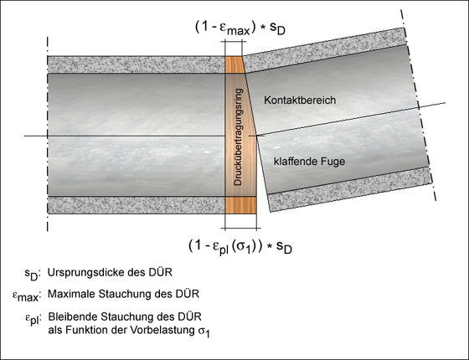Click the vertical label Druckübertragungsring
pyautogui.click(x=238, y=137)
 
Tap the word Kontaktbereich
pyautogui.click(x=300, y=100)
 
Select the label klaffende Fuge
pyautogui.click(x=309, y=162)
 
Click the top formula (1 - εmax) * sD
pyautogui.click(x=240, y=28)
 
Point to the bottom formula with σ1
pyautogui.click(x=240, y=247)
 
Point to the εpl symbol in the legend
pyautogui.click(x=32, y=318)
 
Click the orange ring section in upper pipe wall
pyautogui.click(x=234, y=65)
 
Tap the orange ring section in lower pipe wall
pyautogui.click(x=241, y=205)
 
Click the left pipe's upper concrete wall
pyautogui.click(x=136, y=64)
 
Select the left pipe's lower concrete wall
pyautogui.click(x=136, y=205)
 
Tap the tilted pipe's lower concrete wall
pyautogui.click(x=349, y=189)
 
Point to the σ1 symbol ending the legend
pyautogui.click(x=204, y=332)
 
